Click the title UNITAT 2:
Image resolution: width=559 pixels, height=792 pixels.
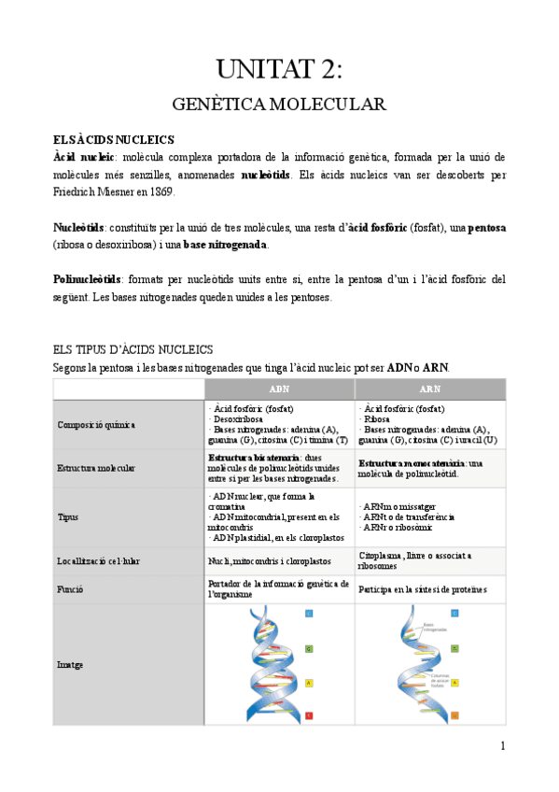(280, 69)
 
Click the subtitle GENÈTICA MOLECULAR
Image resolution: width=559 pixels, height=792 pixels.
(280, 104)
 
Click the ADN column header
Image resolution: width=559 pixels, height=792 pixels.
(279, 389)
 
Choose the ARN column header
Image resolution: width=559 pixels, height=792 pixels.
(430, 389)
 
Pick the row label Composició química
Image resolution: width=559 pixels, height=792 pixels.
(96, 424)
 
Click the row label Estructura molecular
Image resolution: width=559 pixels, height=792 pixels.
(97, 467)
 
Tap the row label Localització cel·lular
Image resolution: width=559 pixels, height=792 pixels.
(101, 560)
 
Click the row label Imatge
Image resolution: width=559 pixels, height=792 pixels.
(69, 664)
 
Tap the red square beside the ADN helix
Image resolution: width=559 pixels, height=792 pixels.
(309, 716)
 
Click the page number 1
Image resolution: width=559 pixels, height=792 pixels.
(502, 745)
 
